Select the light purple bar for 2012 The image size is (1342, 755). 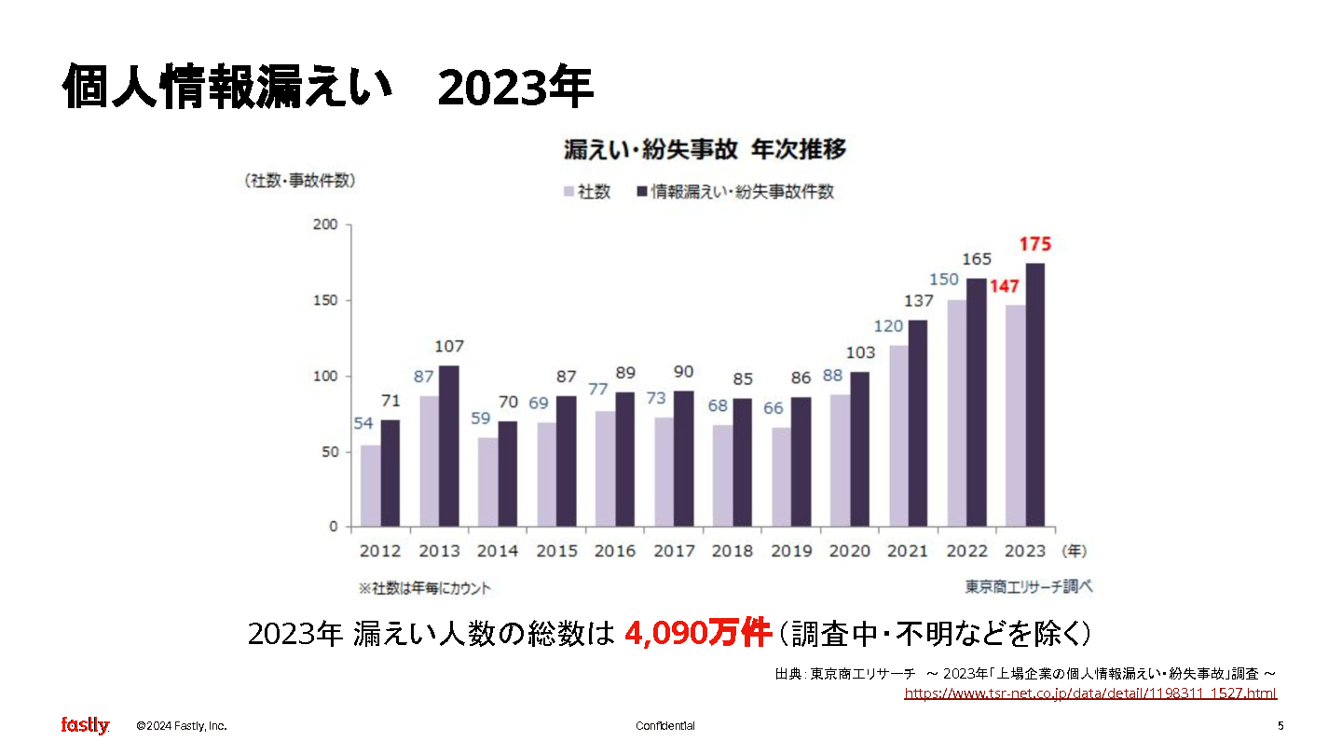pos(371,486)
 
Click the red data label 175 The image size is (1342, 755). pos(1035,244)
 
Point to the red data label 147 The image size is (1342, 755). pos(1003,286)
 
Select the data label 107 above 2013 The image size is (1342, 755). pos(449,347)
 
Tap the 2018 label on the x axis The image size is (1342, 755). pos(733,551)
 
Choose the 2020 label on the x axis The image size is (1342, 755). pos(850,551)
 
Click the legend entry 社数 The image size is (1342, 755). pos(586,192)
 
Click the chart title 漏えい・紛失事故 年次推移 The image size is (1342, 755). pos(704,150)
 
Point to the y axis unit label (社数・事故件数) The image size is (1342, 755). pos(300,181)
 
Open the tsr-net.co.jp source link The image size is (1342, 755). pos(1090,693)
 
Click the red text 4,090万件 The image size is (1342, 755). pos(698,635)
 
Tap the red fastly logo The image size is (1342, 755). pos(85,725)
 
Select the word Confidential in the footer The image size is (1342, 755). pos(665,726)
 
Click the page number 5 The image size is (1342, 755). pos(1280,726)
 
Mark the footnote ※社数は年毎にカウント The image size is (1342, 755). pos(425,589)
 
